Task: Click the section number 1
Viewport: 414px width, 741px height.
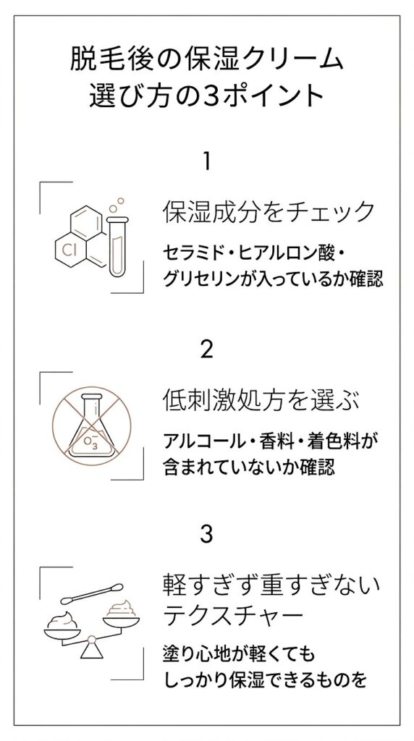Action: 207,161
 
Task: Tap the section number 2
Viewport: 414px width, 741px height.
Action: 207,350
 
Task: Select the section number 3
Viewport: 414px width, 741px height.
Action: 207,535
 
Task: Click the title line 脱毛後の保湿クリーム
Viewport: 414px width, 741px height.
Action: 207,59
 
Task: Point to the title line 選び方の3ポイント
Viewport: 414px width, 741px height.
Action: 207,96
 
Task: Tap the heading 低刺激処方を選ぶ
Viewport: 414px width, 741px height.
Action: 261,399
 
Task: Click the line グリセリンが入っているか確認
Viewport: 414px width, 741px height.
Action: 273,279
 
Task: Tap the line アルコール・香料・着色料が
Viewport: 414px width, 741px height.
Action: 272,440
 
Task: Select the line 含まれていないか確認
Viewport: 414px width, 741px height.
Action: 250,467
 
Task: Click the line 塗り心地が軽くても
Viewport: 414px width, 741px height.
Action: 240,654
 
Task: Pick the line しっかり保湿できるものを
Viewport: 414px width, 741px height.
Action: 263,680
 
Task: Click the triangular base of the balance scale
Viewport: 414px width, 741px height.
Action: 92,649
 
